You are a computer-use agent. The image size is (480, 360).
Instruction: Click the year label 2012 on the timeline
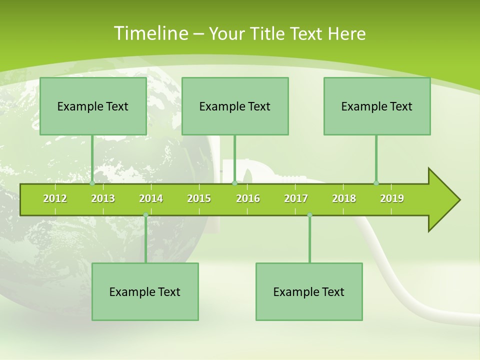pos(55,198)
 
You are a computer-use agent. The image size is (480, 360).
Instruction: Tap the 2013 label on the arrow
pos(103,198)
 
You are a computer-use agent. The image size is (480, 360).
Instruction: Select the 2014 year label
pos(151,198)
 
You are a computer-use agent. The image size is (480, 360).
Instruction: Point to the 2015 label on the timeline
pos(199,198)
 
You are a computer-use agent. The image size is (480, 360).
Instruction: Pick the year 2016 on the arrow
pos(248,198)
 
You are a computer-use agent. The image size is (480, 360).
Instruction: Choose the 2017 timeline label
pos(296,198)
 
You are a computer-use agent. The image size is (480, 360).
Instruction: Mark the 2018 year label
pos(344,198)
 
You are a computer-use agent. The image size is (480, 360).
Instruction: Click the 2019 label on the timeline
pos(392,198)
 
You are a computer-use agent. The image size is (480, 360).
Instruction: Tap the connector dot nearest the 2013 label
pos(92,183)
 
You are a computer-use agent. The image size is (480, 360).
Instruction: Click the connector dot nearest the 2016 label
pos(234,183)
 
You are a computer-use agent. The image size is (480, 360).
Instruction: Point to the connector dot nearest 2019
pos(376,183)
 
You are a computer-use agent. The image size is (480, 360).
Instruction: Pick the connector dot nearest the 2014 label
pos(145,215)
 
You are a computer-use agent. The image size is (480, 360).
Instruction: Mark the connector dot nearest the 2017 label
pos(309,215)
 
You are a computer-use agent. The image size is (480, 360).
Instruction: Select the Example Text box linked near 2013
pos(93,106)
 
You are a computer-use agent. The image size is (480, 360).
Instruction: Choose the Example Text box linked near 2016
pos(235,106)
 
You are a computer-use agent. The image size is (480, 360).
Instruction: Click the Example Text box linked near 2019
pos(377,106)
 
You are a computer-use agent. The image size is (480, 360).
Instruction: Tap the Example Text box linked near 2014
pos(145,292)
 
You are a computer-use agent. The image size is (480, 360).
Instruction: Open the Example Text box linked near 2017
pos(309,292)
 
